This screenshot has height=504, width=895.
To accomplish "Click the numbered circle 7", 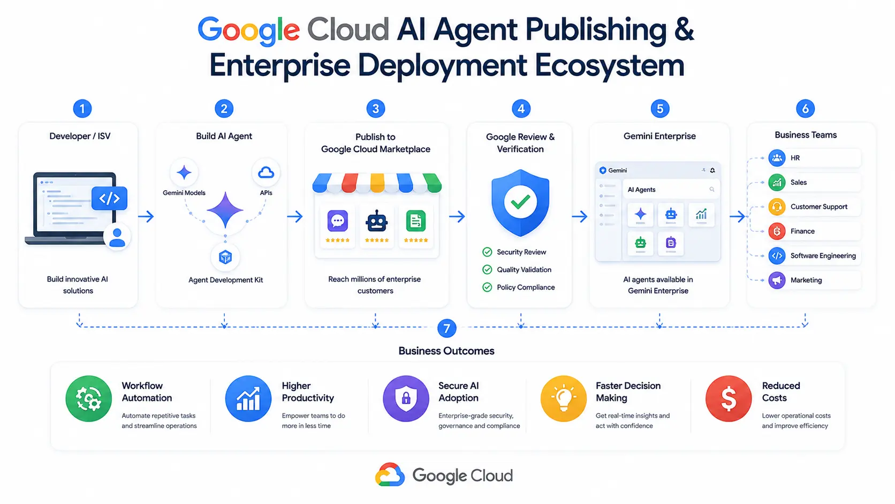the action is pos(447,328).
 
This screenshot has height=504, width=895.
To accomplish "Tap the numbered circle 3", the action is pos(376,109).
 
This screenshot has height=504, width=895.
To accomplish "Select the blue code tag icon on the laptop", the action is pos(110,198).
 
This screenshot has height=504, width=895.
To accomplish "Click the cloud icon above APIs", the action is pos(266,172).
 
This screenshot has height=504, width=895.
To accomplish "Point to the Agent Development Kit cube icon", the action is pos(225,257).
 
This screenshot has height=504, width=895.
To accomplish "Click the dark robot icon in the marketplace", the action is pos(376,222).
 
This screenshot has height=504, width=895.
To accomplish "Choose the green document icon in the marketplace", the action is pos(416,221).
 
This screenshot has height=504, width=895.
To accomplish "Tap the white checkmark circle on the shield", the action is pos(520,202).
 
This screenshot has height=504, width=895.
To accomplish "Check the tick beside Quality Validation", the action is pos(487,270).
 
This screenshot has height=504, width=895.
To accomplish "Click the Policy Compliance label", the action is pos(526,288).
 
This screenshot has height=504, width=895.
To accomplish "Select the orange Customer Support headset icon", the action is pos(777,207).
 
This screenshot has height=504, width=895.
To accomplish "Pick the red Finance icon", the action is pos(777,231).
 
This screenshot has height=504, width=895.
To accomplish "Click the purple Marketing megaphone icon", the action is pos(777,280).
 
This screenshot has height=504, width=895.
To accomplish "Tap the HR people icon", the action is pos(777,158).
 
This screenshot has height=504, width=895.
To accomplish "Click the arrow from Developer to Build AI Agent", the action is pos(146,216).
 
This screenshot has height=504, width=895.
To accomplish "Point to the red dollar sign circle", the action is pos(729,398).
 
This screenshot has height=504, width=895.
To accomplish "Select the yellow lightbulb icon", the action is pos(563,398).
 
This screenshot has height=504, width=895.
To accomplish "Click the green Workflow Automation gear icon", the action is pos(89,398).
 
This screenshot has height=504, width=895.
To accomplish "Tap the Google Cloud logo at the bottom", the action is pos(444,475).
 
